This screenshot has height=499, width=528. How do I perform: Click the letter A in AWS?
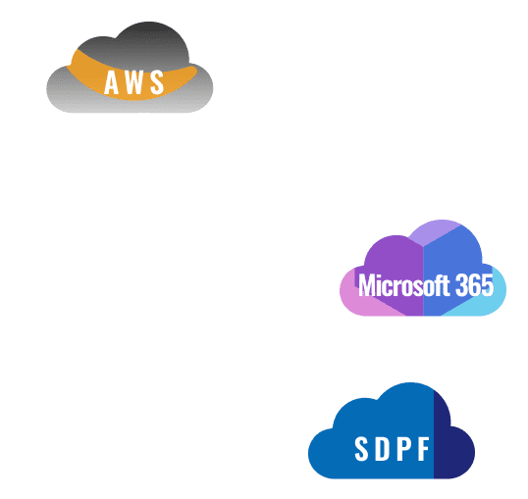point(112,82)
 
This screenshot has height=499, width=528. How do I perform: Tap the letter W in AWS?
point(133,82)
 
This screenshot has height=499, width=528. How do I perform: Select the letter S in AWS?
point(157,82)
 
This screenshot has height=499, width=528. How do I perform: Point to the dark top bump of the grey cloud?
point(150,38)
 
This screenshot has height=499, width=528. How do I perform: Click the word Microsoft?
point(403,285)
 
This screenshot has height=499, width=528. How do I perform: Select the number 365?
point(474,285)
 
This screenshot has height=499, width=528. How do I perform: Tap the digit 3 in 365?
point(461,285)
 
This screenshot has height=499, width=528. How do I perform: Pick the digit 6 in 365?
point(474,285)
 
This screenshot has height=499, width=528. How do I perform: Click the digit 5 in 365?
point(488,285)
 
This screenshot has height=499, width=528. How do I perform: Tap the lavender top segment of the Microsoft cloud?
point(435,231)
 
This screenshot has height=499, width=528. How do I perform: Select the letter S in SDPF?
point(362,449)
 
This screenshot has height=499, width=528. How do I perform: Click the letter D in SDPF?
point(383,449)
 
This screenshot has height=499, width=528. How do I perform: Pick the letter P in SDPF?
point(403,449)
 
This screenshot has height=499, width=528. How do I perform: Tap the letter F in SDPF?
point(424,449)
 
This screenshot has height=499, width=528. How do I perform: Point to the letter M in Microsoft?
point(367,285)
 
